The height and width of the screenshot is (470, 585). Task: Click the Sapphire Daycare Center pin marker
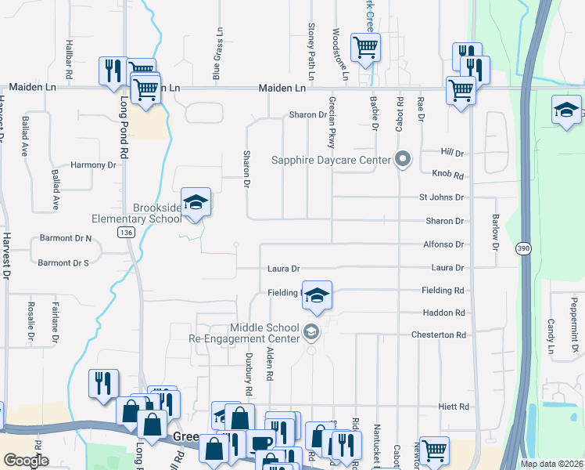point(403,160)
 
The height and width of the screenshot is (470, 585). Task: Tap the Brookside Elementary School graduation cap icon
point(196,203)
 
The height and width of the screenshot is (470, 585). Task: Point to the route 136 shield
point(125,233)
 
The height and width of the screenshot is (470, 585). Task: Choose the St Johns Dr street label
point(441,197)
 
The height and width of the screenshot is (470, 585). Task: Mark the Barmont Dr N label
point(65,238)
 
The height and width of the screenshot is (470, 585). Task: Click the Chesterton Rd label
point(439,334)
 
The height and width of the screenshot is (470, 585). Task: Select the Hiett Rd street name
point(453,407)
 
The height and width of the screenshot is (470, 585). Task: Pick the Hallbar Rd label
point(70,57)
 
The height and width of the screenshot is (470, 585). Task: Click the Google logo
point(26,461)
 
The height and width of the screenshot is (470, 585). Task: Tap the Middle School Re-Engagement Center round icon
point(311,333)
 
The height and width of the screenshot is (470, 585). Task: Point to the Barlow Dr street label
point(495,231)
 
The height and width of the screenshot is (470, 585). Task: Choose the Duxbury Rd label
point(249,378)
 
